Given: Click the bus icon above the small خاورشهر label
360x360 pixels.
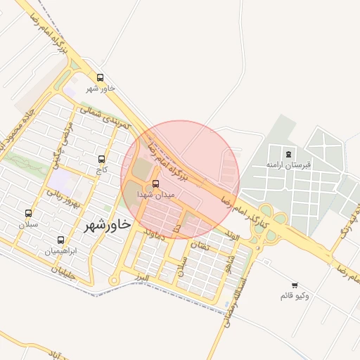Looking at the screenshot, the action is (100, 78).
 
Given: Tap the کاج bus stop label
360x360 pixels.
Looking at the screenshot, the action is (103, 169).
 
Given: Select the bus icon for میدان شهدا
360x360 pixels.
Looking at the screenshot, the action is (156, 184).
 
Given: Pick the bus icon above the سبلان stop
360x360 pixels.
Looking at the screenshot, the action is (28, 213).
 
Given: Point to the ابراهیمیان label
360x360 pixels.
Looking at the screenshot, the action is (60, 250).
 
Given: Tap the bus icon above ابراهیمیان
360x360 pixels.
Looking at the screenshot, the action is (60, 240).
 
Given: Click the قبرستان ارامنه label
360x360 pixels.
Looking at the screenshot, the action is (288, 164).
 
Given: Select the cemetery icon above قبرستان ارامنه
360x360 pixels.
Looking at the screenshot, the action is (288, 154).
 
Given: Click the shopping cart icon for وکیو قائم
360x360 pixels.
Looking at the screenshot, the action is (295, 285).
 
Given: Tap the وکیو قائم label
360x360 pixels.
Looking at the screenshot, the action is (295, 295).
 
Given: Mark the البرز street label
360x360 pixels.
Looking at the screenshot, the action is (143, 277).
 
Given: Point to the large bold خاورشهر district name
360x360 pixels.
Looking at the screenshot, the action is (108, 225).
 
